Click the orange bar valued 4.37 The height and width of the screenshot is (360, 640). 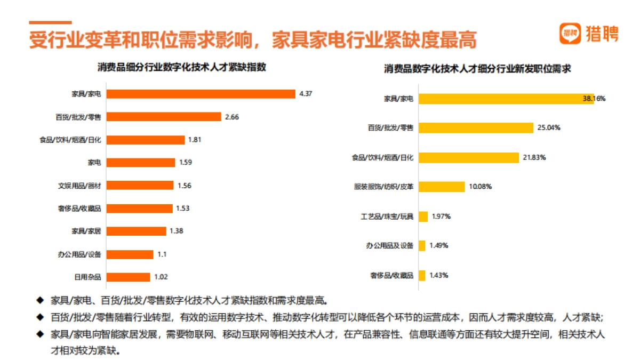(201, 94)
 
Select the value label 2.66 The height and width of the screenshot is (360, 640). (232, 117)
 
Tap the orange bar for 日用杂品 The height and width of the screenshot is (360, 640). (128, 277)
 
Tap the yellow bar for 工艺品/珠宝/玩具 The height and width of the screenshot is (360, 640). (423, 217)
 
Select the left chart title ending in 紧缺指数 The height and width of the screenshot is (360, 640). (182, 68)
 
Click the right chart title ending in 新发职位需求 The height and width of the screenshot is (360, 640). (478, 69)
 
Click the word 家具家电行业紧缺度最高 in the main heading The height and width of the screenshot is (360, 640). (373, 40)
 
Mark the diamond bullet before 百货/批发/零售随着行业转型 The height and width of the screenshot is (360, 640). (40, 317)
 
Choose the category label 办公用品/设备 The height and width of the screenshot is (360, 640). (79, 254)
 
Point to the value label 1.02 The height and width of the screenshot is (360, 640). (161, 277)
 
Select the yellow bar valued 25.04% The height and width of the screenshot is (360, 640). (476, 128)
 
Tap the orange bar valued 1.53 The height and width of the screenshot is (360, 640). (139, 209)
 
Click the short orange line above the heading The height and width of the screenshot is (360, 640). (50, 22)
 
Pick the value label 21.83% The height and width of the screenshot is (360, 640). (534, 157)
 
